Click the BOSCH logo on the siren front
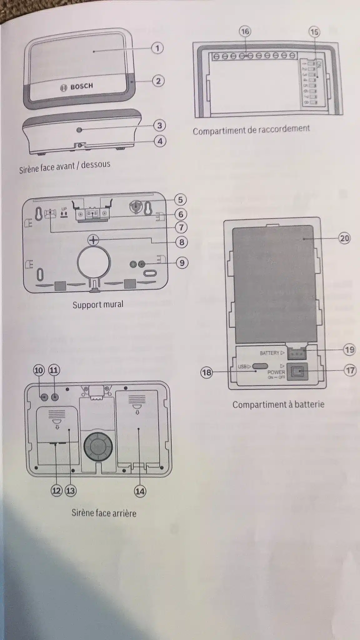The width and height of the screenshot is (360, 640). point(77,87)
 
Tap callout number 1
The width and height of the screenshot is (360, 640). point(157,48)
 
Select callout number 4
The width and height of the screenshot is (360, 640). point(160,141)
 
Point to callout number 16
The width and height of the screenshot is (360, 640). point(245,31)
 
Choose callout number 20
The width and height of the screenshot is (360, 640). point(344,238)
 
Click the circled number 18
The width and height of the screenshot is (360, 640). point(207,372)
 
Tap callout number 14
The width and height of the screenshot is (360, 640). point(140,492)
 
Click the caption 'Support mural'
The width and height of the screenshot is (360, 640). point(98,304)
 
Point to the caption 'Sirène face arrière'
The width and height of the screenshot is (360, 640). point(104,513)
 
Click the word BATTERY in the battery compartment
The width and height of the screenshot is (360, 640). point(269,353)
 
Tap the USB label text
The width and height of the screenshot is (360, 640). point(242,366)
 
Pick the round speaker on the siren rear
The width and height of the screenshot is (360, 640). point(97,447)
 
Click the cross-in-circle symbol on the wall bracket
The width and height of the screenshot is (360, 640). point(93,240)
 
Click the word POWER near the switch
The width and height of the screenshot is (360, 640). point(276,372)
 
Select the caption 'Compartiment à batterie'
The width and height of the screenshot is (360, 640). point(278,405)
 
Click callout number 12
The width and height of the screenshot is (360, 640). point(57,491)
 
